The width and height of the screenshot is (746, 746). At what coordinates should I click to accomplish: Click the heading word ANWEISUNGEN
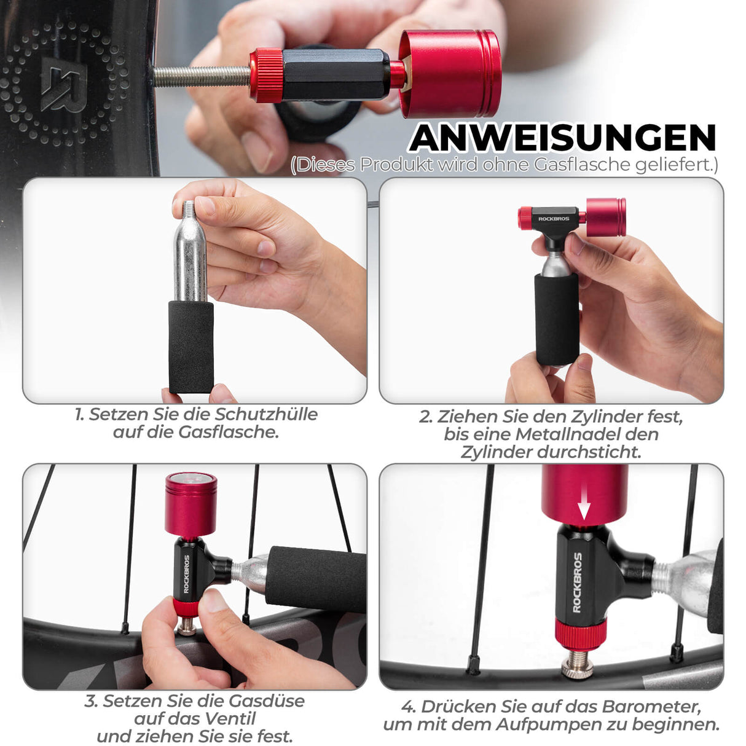point(563,138)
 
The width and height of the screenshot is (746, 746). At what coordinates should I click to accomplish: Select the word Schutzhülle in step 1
point(267,414)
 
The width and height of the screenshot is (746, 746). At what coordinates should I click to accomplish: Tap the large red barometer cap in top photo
point(450,74)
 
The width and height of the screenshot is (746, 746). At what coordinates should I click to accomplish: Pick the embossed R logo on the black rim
point(63,84)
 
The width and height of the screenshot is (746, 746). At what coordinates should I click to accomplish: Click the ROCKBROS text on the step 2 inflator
point(554,219)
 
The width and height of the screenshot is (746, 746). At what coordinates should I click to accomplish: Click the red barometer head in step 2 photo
point(605,217)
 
